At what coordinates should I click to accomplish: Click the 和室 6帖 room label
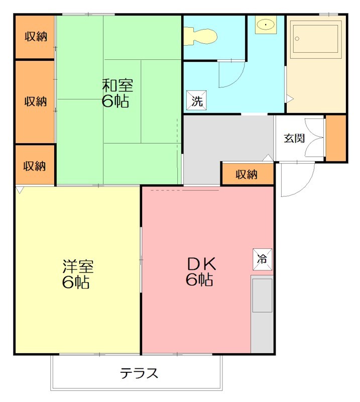tap(117, 93)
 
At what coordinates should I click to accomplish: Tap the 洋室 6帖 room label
tap(78, 274)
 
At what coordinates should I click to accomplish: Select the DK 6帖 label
tap(201, 272)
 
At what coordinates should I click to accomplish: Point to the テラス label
tap(139, 373)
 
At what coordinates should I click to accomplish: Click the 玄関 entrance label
tap(294, 139)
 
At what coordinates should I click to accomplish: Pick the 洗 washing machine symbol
tap(196, 100)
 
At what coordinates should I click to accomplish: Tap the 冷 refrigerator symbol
tap(263, 259)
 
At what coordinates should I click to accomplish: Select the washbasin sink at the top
tap(266, 25)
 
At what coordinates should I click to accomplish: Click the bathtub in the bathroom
tap(315, 39)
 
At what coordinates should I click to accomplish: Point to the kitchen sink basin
tap(262, 295)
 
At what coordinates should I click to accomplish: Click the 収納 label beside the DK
tap(247, 174)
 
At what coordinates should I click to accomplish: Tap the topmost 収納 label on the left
tap(36, 37)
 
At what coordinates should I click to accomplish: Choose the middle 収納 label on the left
tap(35, 102)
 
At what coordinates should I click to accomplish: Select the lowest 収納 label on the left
tap(34, 166)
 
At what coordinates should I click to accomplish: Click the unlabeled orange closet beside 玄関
tap(336, 138)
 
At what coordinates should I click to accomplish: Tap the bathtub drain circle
tap(297, 39)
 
